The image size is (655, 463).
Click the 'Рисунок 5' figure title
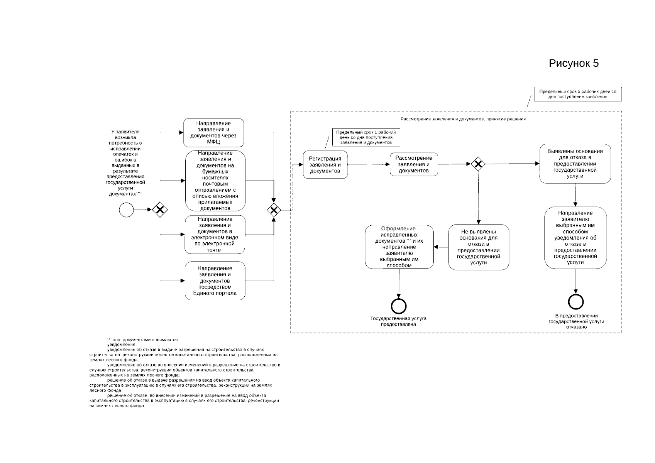pos(574,63)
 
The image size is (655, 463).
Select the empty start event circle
pos(127,210)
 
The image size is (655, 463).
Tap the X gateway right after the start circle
pos(160,210)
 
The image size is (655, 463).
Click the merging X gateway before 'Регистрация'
pos(274,210)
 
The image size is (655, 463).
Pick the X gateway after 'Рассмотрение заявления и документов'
pos(478,164)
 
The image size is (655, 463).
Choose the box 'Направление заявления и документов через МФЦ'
pos(213,133)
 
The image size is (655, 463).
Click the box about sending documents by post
pos(215,181)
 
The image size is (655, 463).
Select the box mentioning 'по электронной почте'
pos(215,235)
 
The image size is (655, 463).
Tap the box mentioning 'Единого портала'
pos(215,281)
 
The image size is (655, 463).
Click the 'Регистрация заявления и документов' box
pos(325,165)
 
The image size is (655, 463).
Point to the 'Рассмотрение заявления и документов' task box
pos(414,164)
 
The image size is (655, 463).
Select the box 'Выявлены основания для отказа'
pos(575,164)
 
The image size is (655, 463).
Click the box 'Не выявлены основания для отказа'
pos(479,247)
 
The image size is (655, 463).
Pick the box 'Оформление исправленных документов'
pos(399,247)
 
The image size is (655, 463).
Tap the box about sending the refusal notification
pos(575,238)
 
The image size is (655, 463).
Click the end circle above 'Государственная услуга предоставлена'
pos(399,306)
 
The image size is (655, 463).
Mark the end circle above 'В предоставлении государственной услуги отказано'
pos(576,302)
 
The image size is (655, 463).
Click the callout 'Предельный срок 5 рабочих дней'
pos(578,94)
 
